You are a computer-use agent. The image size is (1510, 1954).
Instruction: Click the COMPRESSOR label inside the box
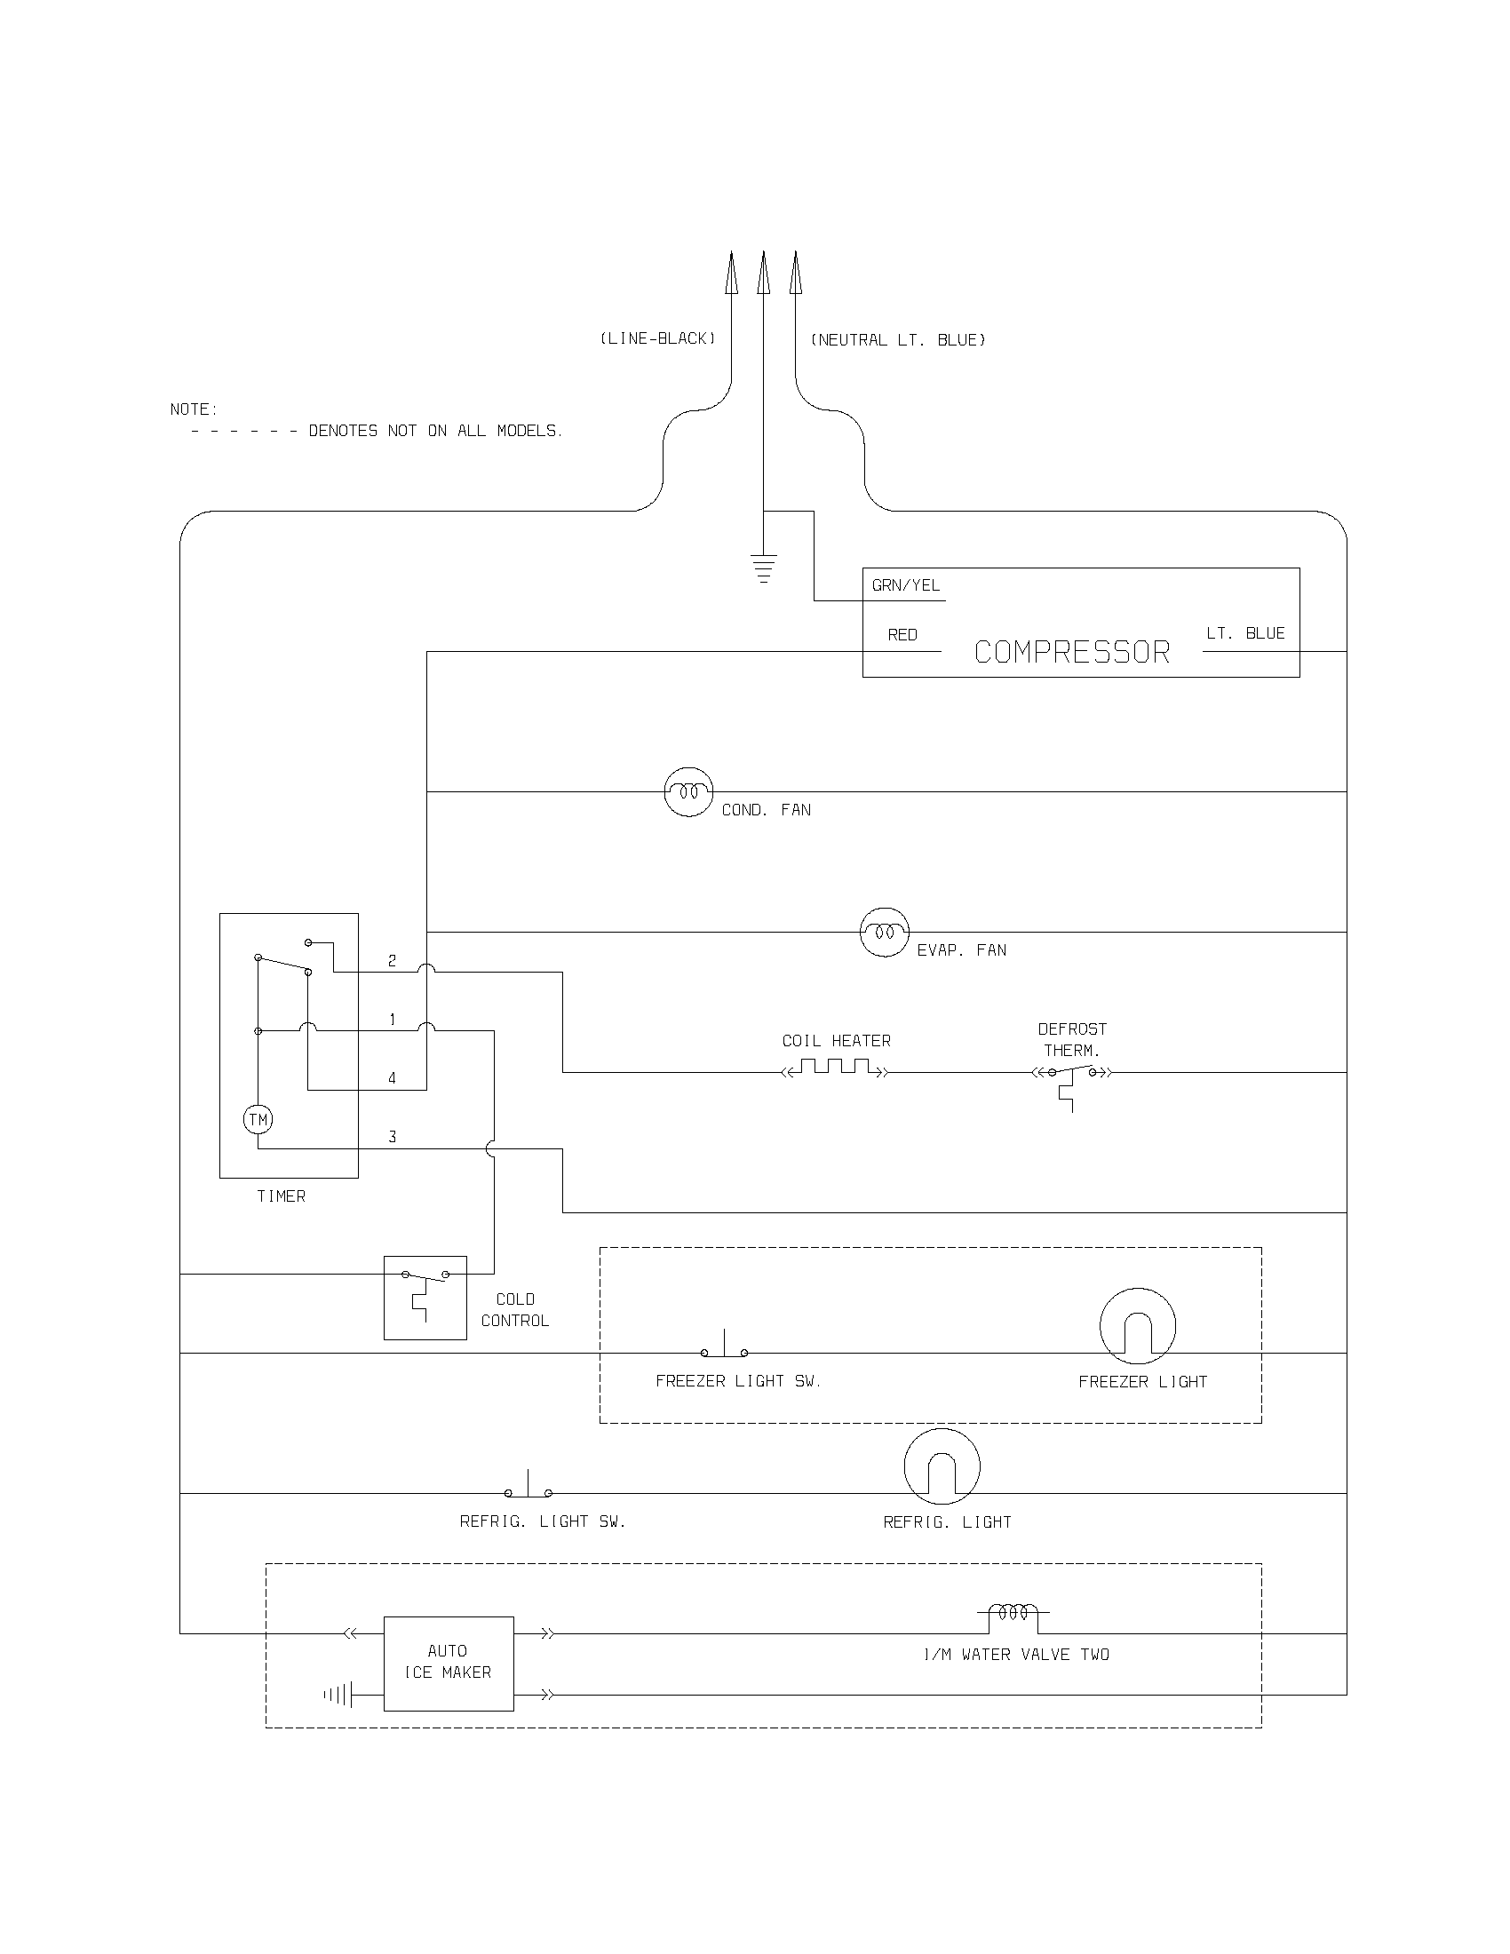(x=1072, y=652)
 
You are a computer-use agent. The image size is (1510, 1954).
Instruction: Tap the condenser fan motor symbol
(x=688, y=791)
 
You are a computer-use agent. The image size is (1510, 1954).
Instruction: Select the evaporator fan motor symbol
(x=885, y=933)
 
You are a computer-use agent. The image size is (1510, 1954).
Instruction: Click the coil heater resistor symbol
(x=836, y=1067)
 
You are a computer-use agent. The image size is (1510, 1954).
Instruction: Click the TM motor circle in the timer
(x=258, y=1119)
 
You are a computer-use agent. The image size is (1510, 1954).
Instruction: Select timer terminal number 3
(x=392, y=1137)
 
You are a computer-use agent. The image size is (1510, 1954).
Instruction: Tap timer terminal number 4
(x=392, y=1078)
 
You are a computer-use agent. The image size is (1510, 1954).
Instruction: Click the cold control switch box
(x=425, y=1298)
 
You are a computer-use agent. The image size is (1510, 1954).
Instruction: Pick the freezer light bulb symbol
(x=1137, y=1327)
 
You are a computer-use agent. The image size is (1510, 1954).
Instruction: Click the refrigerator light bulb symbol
(x=942, y=1467)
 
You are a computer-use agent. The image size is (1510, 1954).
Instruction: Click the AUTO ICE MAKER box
(x=449, y=1664)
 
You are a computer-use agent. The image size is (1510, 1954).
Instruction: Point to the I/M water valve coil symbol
(x=1013, y=1613)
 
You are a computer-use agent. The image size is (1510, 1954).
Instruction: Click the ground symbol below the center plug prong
(x=763, y=569)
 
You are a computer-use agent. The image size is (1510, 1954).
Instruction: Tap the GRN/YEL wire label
(x=905, y=585)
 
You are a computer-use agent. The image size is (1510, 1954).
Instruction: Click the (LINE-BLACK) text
(x=657, y=338)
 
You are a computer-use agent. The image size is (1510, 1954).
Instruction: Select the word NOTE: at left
(x=195, y=409)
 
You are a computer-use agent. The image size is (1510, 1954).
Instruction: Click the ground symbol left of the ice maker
(x=339, y=1695)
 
